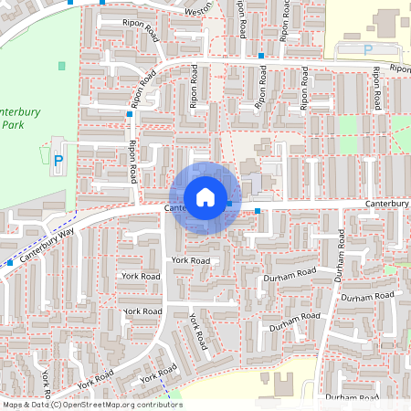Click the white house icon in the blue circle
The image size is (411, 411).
(205, 196)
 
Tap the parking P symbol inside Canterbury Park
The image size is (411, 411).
(58, 162)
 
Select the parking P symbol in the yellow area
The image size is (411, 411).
(368, 49)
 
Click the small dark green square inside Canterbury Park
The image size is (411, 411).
(62, 66)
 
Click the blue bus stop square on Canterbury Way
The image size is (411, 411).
(11, 262)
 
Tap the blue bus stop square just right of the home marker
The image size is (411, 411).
(258, 211)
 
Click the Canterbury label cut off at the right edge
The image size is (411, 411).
(387, 204)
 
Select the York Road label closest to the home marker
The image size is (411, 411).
(190, 260)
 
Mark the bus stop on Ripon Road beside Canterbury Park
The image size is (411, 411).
(129, 115)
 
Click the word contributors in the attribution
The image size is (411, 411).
(155, 405)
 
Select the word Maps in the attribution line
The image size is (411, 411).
(14, 405)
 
